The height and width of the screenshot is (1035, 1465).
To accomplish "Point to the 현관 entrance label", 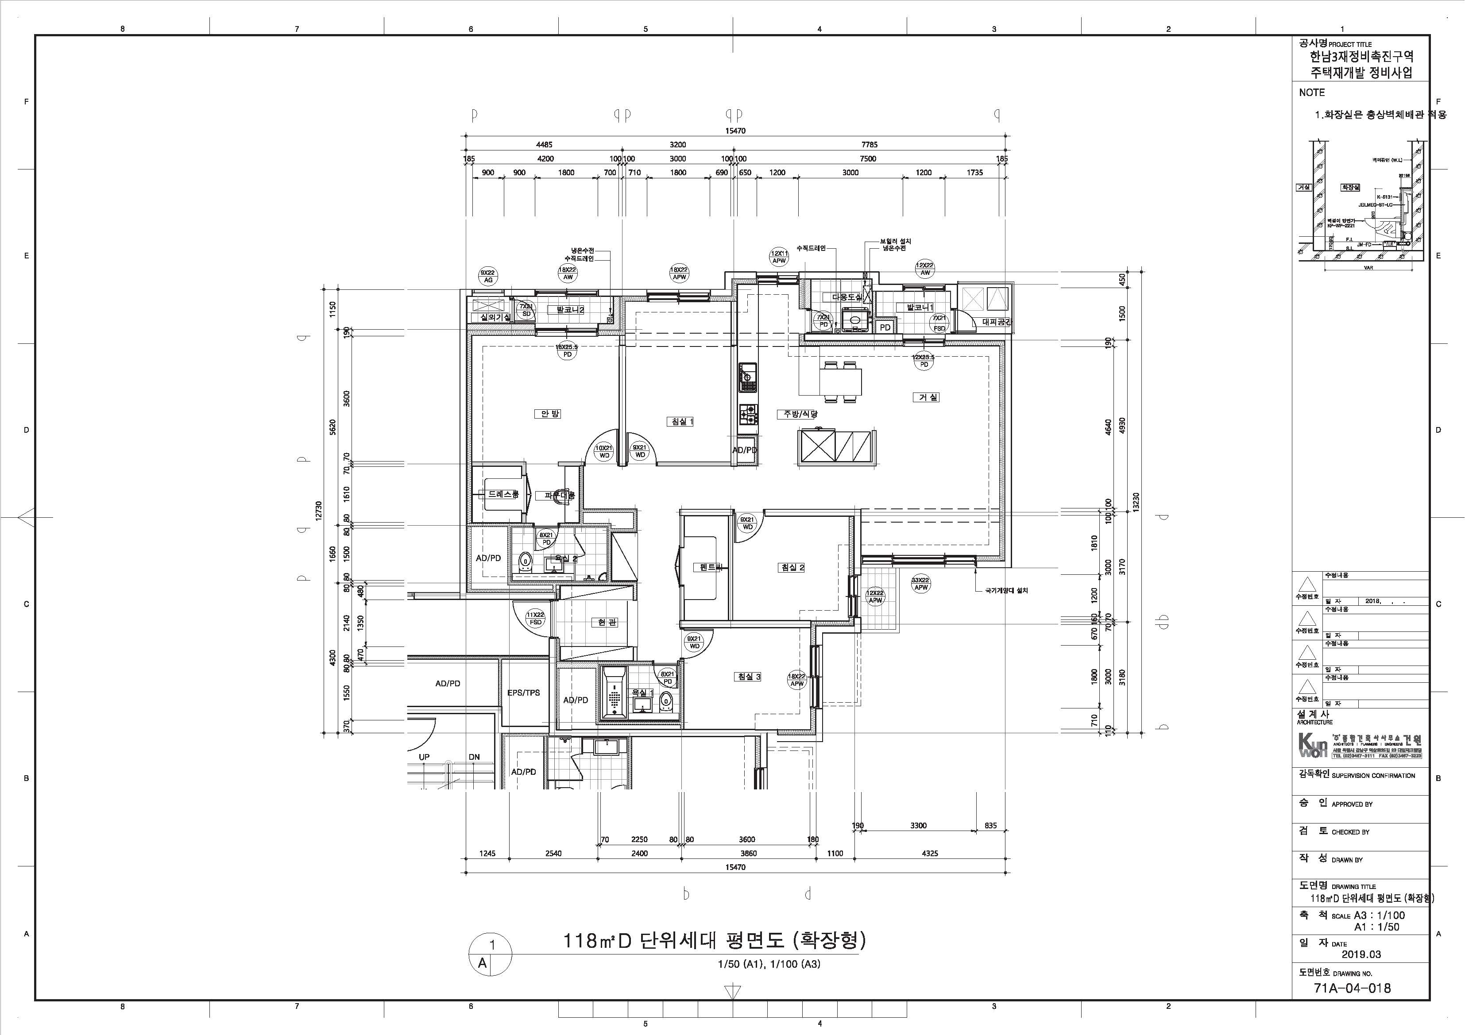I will point(603,623).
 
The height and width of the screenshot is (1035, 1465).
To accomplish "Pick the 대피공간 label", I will point(997,323).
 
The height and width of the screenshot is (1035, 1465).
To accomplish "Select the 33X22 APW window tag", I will point(921,584).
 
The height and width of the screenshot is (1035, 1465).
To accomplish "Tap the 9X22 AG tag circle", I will point(488,276).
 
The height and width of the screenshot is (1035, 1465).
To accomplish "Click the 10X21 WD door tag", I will point(603,451).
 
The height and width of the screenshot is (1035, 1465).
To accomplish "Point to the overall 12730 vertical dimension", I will point(319,511).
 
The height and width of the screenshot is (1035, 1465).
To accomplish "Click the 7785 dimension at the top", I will point(868,145).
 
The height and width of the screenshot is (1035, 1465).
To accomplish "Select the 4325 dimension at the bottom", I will point(930,853).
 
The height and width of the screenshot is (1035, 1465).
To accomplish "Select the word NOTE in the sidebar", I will point(1312,92).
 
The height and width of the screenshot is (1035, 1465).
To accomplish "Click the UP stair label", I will point(424,757).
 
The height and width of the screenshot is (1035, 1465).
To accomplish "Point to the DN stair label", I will point(474,757).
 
